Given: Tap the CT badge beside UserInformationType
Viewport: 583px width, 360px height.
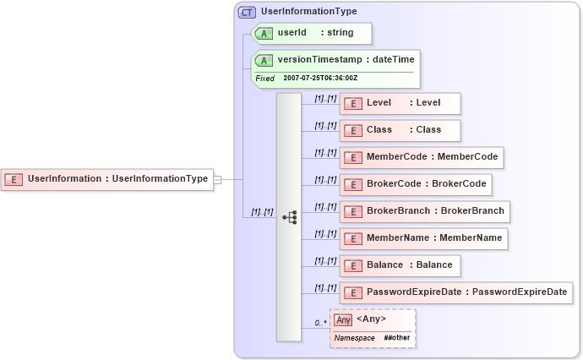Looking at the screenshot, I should [x=248, y=12].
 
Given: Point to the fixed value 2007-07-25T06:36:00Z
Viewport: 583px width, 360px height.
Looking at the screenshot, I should [x=320, y=78].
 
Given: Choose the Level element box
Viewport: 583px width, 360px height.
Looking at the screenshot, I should [x=400, y=103].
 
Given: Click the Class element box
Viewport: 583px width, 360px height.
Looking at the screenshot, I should [x=400, y=130].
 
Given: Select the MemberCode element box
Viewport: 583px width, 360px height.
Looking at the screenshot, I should [x=422, y=157].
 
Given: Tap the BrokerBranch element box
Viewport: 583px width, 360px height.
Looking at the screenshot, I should [x=424, y=211].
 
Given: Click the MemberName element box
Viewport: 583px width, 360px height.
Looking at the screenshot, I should [x=423, y=238].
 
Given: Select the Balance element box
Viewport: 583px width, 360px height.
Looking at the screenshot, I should [x=400, y=265].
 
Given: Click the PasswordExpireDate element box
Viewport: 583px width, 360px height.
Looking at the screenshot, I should [x=456, y=292].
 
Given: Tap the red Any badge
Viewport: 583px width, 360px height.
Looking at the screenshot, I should [x=343, y=319].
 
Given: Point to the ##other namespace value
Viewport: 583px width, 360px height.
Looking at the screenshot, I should [x=396, y=337].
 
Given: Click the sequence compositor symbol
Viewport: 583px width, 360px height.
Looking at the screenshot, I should [x=289, y=217].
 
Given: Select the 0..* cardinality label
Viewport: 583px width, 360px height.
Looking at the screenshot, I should [x=320, y=323].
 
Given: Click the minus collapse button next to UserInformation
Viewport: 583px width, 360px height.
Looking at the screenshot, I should [x=217, y=179].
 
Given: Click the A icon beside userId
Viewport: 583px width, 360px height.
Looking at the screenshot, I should [x=264, y=34].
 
